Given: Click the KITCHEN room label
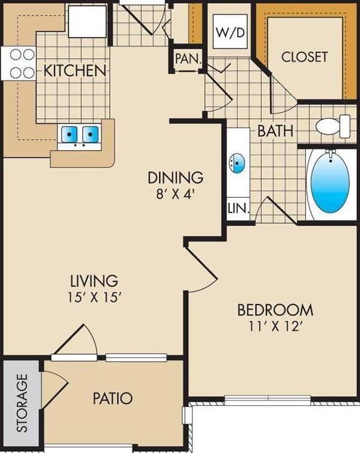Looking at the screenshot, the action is [x=75, y=71].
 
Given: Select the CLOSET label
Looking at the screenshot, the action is [x=305, y=57].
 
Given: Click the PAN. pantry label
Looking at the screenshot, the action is [x=188, y=59].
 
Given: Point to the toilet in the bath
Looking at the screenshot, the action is [x=333, y=126].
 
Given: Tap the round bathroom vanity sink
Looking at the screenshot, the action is [x=237, y=163].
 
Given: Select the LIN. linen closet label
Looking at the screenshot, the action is [x=238, y=208].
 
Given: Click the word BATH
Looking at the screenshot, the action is [x=275, y=131].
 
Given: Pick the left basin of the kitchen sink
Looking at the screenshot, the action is [x=69, y=134].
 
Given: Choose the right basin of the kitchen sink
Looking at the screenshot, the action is [x=91, y=134].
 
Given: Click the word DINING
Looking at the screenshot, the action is [x=175, y=178].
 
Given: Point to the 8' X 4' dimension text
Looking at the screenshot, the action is [x=174, y=194].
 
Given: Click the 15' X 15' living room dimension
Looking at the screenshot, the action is [x=94, y=297].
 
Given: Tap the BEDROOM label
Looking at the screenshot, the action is [x=275, y=310].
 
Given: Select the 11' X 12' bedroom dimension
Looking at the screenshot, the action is [x=275, y=327].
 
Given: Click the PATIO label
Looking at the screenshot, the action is [x=113, y=398].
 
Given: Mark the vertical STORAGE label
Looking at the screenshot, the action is [x=22, y=403].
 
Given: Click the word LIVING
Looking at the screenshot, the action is [x=94, y=280].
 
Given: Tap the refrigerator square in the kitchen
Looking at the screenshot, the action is [x=87, y=21].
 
